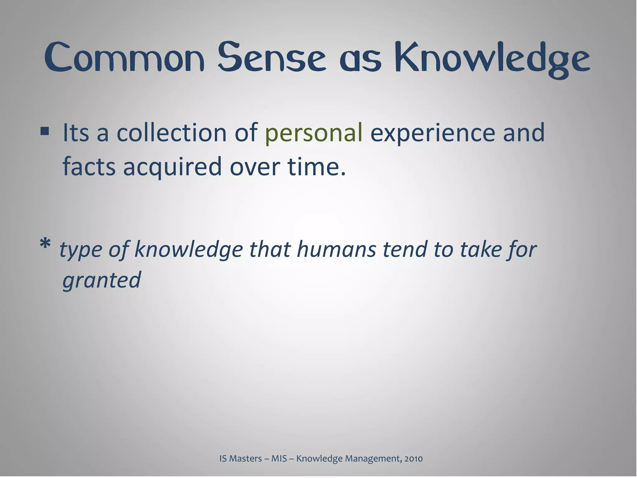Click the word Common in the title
tap(124, 58)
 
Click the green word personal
tap(314, 133)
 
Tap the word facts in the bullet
tap(89, 167)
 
